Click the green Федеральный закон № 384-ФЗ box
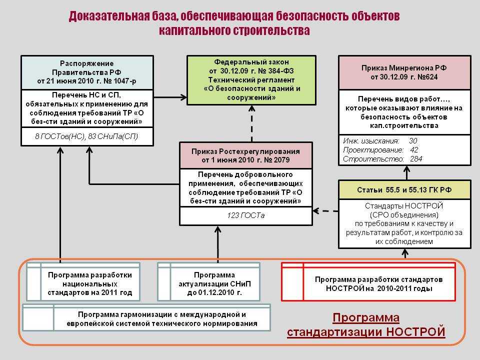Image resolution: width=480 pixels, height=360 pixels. pos(251,80)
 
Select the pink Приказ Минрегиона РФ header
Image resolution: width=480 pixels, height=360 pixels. pos(404,72)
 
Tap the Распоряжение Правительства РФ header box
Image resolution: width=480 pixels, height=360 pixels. pos(87,72)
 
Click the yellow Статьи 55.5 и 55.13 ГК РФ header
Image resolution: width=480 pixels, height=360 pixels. pos(404,190)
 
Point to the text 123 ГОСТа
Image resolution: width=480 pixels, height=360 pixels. pos(246,215)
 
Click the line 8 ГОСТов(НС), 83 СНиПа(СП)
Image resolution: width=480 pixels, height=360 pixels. pos(86,136)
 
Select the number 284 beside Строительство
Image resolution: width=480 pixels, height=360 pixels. pos(416,159)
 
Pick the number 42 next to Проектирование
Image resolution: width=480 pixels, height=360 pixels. pos(414,149)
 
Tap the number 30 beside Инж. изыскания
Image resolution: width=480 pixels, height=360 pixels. pos(413,141)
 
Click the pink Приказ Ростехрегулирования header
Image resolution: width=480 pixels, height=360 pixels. pos(246,155)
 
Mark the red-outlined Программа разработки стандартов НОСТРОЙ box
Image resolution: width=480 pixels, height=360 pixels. pos(368,281)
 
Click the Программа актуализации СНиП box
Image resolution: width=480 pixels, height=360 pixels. pos(209,281)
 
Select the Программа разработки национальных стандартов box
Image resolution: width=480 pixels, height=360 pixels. pos(83,281)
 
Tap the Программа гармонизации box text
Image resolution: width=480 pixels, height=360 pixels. pos(162,319)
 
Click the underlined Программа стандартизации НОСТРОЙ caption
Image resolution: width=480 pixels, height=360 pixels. pos(366,325)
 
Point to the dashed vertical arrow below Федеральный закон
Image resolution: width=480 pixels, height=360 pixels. pos(251,123)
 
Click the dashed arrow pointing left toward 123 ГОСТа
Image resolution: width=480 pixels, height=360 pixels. pos(325,211)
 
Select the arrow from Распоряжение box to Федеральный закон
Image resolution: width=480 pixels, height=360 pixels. pos(170,97)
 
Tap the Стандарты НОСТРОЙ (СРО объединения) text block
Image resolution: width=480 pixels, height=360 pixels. pos(404,224)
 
